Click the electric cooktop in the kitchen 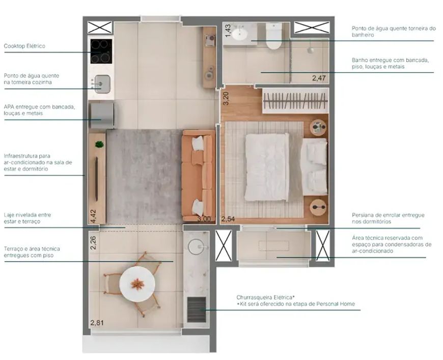[x=101, y=51]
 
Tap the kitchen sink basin [x=102, y=84]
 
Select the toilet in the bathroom [x=274, y=36]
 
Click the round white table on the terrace [x=137, y=284]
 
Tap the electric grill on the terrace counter [x=197, y=310]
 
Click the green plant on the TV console [x=99, y=145]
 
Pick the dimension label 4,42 [x=93, y=216]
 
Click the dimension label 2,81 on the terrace [x=97, y=322]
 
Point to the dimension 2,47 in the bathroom [x=319, y=78]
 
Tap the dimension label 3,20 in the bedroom [x=226, y=99]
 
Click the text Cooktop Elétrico [x=24, y=46]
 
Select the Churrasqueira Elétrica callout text [x=295, y=300]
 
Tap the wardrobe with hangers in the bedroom [x=295, y=101]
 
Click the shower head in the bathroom [x=311, y=50]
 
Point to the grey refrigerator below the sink [x=102, y=116]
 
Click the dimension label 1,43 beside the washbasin [x=228, y=31]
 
